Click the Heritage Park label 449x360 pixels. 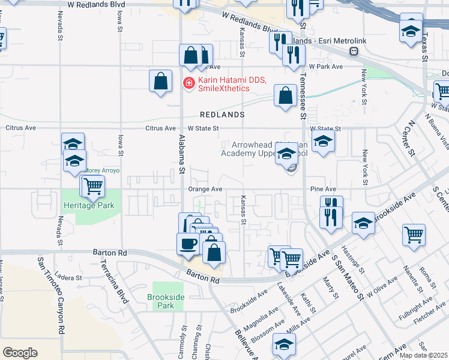pos(88,205)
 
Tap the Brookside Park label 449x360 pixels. pos(163,301)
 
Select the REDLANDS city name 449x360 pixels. pos(222,114)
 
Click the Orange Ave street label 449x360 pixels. pos(206,189)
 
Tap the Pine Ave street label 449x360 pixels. pos(323,189)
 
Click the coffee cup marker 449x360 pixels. pos(188,244)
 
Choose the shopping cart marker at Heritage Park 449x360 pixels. pos(94,187)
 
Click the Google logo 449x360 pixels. pos(20,353)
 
